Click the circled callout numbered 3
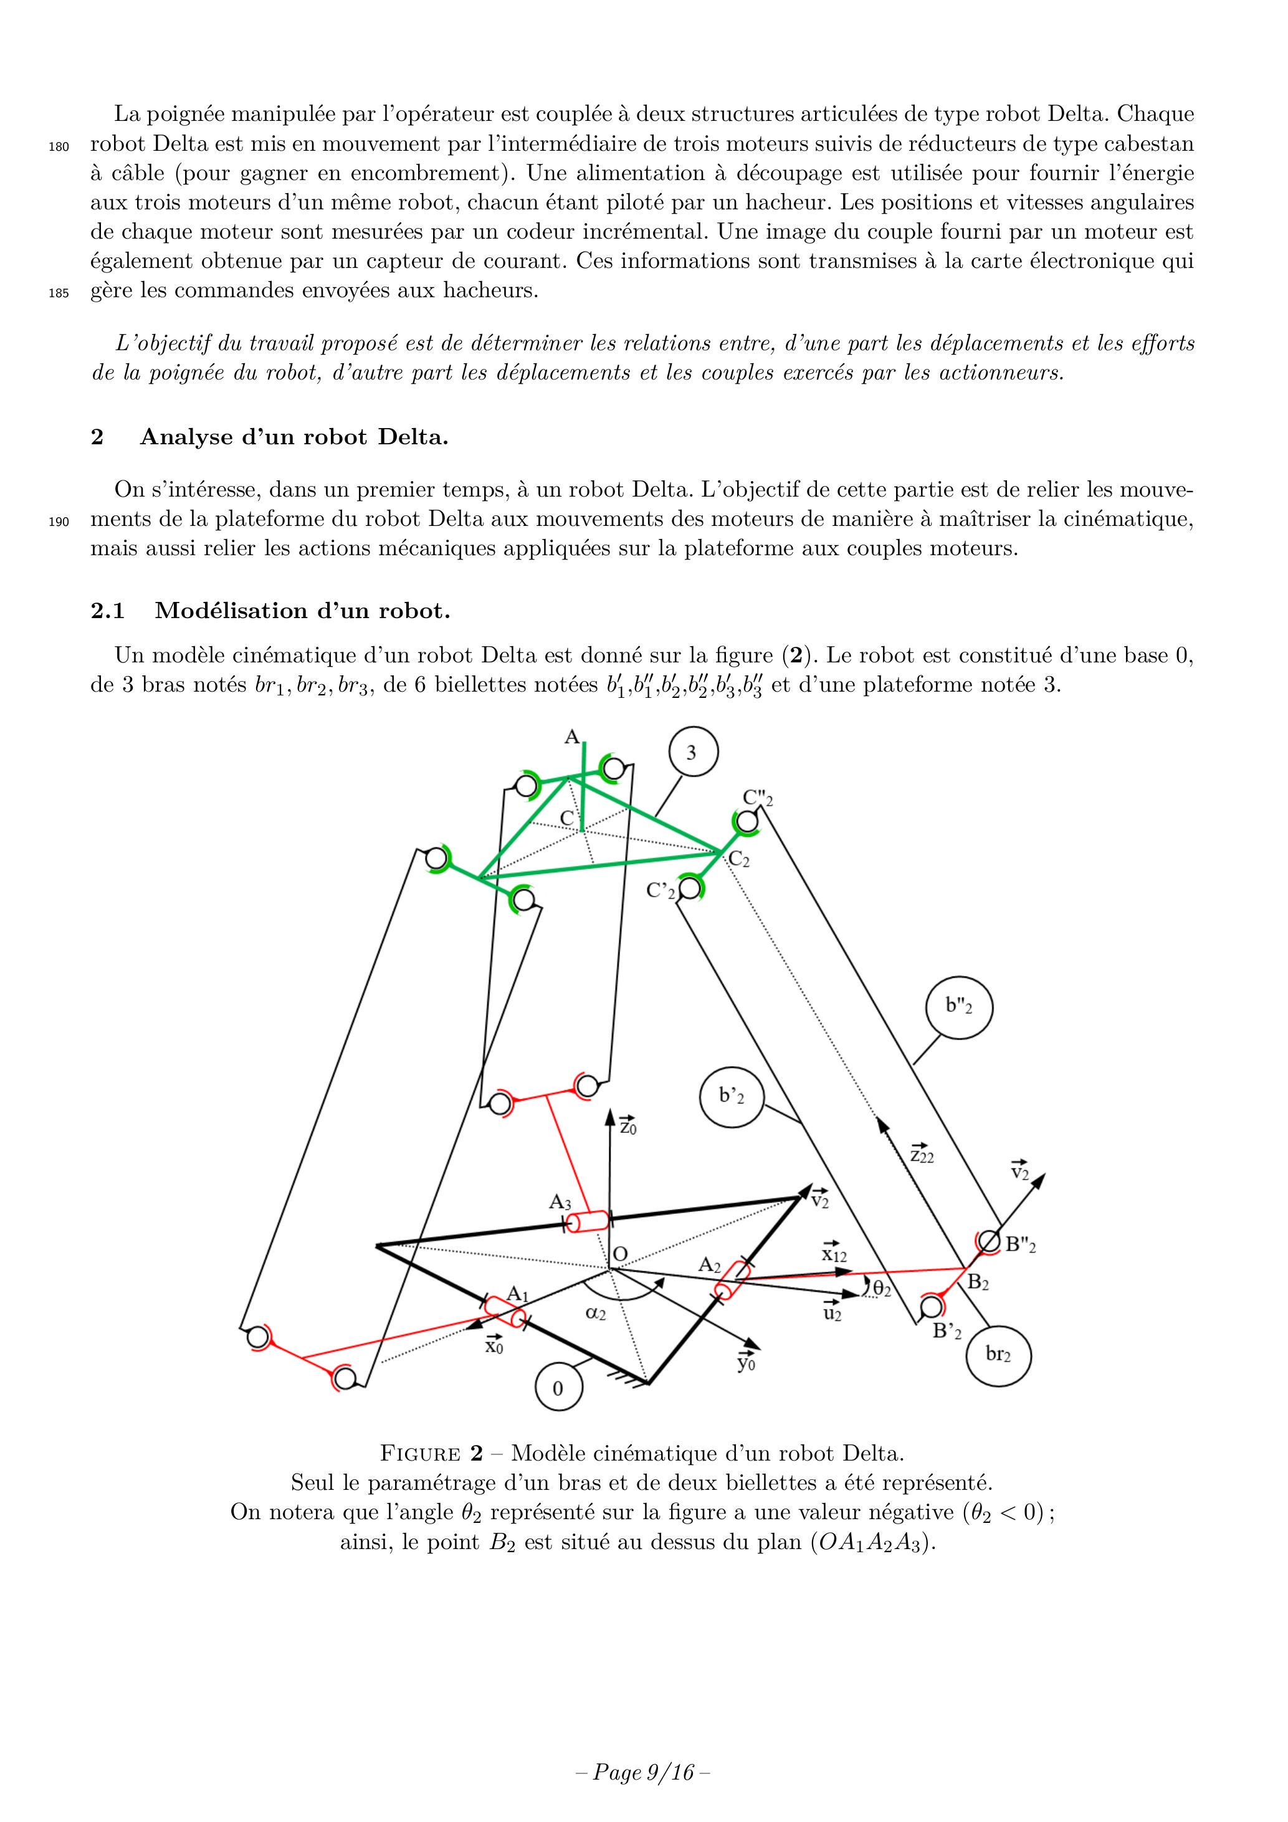point(693,752)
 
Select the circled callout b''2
point(958,1006)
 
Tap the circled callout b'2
point(732,1097)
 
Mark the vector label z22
point(922,1154)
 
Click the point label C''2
point(757,798)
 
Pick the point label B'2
point(947,1331)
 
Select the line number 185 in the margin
point(59,293)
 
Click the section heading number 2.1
point(108,611)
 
